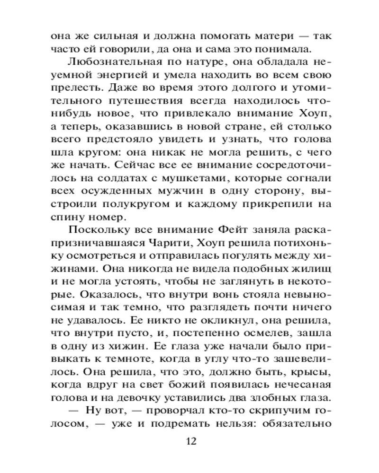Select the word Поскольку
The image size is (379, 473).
point(98,230)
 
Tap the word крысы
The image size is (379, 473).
point(309,377)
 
